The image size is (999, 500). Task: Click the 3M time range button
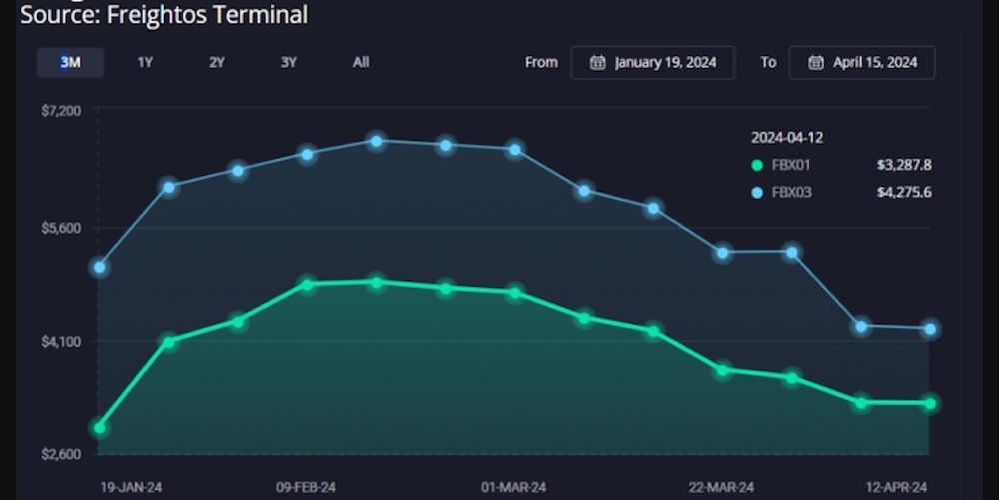[x=70, y=62]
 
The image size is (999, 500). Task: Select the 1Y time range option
[x=145, y=62]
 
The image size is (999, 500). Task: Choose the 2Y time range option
[x=217, y=62]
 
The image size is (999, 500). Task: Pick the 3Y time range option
[x=289, y=62]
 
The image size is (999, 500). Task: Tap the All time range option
[x=361, y=62]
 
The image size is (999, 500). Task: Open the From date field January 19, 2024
[x=652, y=62]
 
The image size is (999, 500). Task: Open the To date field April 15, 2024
[x=861, y=62]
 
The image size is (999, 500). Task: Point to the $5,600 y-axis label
[x=61, y=228]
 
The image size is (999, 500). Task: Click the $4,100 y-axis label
[x=61, y=342]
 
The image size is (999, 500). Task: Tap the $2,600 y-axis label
[x=61, y=454]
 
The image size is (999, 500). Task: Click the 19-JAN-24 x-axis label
[x=131, y=487]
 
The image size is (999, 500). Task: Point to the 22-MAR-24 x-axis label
[x=721, y=487]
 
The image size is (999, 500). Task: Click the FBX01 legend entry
[x=790, y=165]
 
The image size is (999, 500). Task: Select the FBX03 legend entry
[x=790, y=192]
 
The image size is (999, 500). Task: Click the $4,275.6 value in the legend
[x=903, y=192]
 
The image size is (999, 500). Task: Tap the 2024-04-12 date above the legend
[x=787, y=138]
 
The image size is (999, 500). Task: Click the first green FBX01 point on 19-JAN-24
[x=99, y=428]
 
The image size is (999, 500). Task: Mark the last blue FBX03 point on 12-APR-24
[x=930, y=329]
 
